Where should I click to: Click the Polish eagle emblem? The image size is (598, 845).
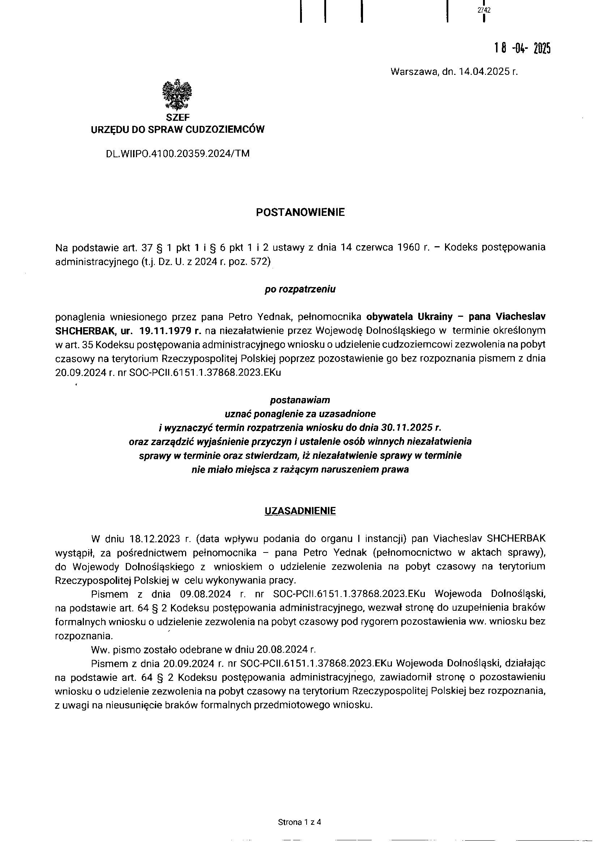(x=178, y=95)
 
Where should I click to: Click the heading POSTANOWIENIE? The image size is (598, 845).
(x=300, y=213)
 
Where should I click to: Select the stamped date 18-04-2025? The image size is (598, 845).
(x=522, y=48)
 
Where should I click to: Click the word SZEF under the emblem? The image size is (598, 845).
(x=178, y=118)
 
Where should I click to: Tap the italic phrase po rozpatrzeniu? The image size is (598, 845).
(x=300, y=289)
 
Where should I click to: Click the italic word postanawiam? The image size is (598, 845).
(x=300, y=400)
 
